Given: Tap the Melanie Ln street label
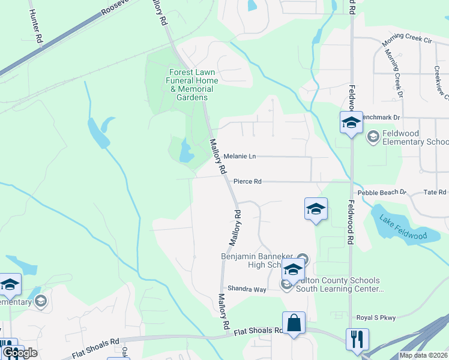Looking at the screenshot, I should point(240,157).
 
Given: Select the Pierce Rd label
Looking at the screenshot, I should point(247,181).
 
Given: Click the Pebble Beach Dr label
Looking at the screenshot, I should point(382,193).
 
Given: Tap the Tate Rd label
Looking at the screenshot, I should point(435,193).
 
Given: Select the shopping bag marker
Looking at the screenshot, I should point(294,323).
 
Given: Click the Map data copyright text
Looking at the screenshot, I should point(423,355).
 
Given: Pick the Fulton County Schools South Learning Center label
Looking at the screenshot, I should point(341,284).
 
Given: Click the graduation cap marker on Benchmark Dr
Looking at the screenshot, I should point(351,123).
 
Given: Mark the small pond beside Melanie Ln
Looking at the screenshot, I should point(186,152).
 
